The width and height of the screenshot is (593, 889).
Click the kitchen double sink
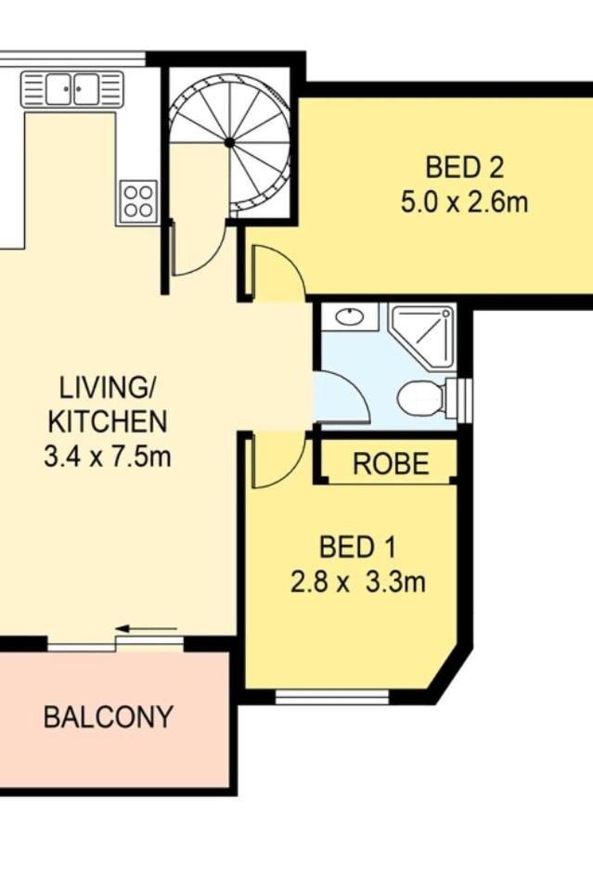coord(72,89)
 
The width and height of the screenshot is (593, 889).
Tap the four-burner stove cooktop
coord(138,201)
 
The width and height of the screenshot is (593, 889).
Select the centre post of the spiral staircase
coord(229,142)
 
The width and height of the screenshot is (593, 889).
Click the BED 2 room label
coord(464,168)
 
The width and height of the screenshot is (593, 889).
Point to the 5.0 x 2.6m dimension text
coord(464,202)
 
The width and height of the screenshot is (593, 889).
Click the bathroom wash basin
coord(349,316)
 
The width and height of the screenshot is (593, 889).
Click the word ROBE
coord(391,464)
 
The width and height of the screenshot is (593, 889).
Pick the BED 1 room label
coord(357,548)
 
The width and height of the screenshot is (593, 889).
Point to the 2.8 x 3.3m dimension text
coord(357,582)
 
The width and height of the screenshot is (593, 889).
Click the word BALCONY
coord(108,716)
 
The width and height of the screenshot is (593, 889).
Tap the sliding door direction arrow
coord(146,628)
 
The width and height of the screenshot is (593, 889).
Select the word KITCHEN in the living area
coord(108,421)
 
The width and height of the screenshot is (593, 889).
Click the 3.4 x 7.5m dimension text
coord(108,456)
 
